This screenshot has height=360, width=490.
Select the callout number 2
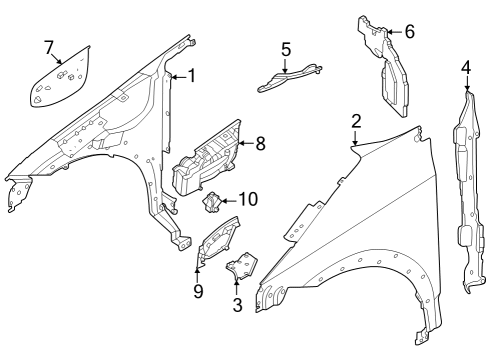(355, 122)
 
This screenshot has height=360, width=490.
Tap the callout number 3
(237, 305)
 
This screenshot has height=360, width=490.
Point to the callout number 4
(465, 68)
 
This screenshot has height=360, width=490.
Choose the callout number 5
(285, 48)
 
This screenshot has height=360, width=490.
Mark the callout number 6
(408, 31)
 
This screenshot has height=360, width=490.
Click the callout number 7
(48, 47)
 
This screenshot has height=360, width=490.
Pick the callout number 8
(260, 143)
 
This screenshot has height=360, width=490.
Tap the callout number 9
(198, 291)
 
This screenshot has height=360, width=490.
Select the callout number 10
(247, 199)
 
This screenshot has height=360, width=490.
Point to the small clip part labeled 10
(212, 204)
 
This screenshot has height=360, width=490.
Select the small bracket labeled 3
(242, 267)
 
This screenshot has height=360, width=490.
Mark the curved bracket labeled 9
(218, 243)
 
